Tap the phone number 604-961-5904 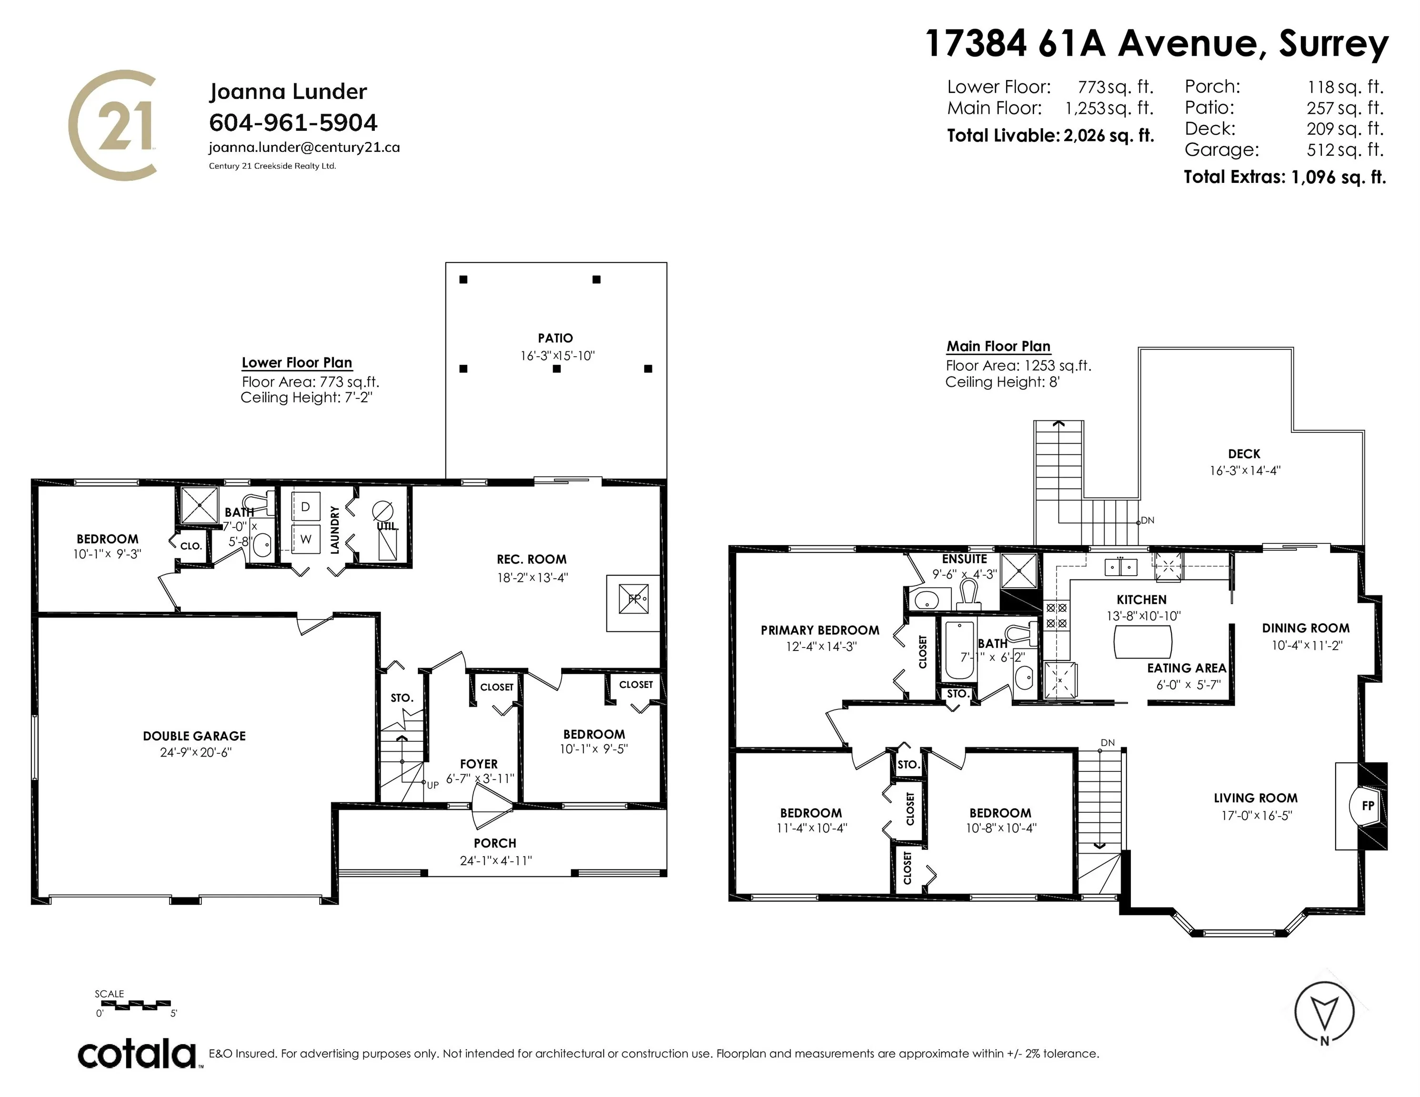(293, 122)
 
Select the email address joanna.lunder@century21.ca (304, 148)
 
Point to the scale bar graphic (134, 1004)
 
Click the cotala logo (137, 1054)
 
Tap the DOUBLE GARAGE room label (194, 736)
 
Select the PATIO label (555, 338)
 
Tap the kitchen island (1142, 642)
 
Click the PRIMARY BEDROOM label (820, 630)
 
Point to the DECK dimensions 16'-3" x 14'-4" (1244, 470)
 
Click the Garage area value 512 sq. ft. (1345, 150)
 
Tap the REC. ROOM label (531, 559)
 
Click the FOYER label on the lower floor (479, 764)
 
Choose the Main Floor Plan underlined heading (998, 347)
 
